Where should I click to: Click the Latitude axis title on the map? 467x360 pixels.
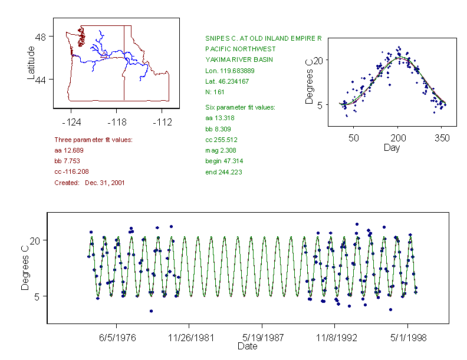[x=32, y=62]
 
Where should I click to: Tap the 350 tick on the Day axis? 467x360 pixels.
[x=442, y=138]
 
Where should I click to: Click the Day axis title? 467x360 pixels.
[x=391, y=147]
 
